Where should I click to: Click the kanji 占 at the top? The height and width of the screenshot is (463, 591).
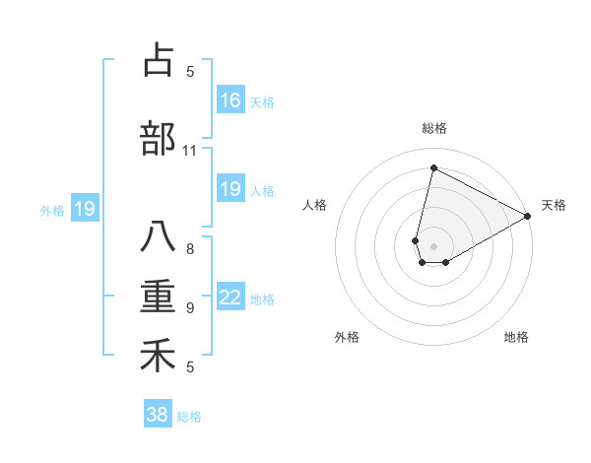tap(158, 60)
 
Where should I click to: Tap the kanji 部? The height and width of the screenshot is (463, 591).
tap(158, 139)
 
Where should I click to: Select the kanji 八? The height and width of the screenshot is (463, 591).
tap(158, 237)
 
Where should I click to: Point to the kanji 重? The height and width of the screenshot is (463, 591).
tap(158, 297)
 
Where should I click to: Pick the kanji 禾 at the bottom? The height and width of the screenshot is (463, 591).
tap(158, 356)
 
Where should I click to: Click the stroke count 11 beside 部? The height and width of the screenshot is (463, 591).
tap(190, 151)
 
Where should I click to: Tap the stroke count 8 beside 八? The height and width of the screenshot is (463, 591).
tap(190, 248)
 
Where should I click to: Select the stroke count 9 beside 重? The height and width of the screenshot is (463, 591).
tap(190, 308)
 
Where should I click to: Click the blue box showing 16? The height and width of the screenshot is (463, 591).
tap(230, 100)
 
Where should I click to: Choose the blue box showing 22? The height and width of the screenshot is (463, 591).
tap(230, 298)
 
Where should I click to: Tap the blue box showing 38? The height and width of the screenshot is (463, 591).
tap(158, 415)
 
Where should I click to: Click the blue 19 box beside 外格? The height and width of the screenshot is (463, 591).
tap(84, 209)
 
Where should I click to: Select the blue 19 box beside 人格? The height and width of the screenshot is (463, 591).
tap(230, 189)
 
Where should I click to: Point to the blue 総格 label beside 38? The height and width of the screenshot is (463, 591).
tap(189, 417)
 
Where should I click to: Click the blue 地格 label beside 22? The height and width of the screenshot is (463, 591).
tap(262, 299)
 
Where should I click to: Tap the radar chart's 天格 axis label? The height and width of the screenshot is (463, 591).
tap(554, 205)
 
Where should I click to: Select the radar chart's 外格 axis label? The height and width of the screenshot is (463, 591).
tap(347, 337)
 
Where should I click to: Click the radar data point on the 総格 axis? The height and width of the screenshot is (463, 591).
tap(433, 168)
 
